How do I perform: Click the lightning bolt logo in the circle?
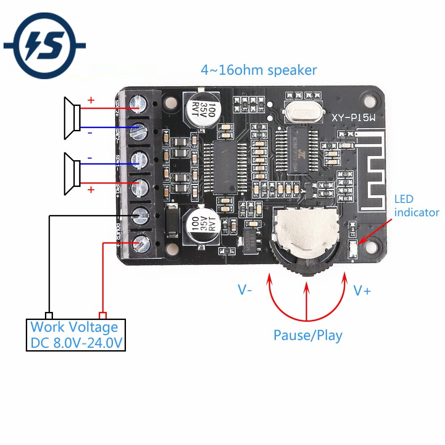point(44,45)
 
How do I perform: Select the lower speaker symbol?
point(72,174)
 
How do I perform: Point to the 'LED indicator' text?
point(416,206)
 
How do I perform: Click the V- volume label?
point(245,290)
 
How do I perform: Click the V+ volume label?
point(362,291)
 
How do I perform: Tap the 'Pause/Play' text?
point(308,335)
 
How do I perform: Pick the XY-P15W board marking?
point(354,118)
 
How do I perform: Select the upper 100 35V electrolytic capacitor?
point(202,109)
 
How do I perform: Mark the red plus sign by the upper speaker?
point(91,100)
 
